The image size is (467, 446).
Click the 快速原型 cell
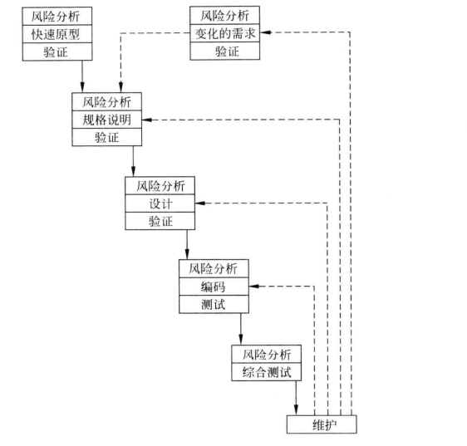click(x=57, y=34)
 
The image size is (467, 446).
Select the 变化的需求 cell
click(x=225, y=32)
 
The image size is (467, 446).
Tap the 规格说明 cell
click(x=107, y=120)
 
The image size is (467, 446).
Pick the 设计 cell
click(x=160, y=203)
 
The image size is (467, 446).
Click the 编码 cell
click(x=214, y=287)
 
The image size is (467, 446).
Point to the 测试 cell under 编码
click(x=214, y=304)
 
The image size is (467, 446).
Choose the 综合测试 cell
click(x=267, y=372)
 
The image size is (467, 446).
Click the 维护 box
click(x=322, y=424)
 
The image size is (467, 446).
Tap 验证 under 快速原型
click(x=57, y=51)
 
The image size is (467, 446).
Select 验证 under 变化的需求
click(x=225, y=51)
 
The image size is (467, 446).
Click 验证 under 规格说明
click(x=107, y=137)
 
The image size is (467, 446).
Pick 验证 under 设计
click(x=160, y=221)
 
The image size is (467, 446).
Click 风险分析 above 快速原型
click(x=57, y=17)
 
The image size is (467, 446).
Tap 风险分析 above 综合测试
click(x=267, y=355)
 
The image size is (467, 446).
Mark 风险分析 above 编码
click(x=214, y=269)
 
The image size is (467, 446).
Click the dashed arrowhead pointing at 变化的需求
click(x=265, y=32)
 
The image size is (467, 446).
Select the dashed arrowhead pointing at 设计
click(x=200, y=203)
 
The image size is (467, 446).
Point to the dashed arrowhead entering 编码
click(x=254, y=286)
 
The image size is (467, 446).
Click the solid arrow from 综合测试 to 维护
click(x=296, y=398)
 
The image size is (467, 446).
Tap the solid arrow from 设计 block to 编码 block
click(x=187, y=245)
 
